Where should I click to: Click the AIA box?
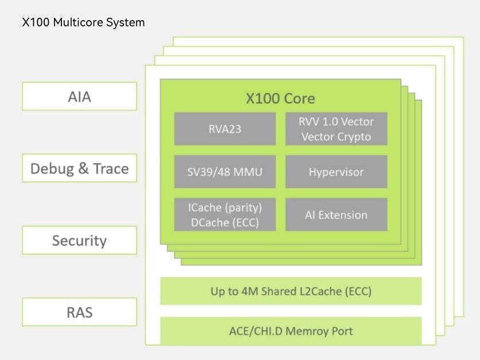[x=79, y=96]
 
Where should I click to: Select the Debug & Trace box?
[x=79, y=168]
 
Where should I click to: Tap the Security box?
[x=79, y=240]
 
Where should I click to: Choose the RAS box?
[x=79, y=312]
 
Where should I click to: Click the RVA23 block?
[x=225, y=129]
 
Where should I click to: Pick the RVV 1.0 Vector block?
[x=336, y=129]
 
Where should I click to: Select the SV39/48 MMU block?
[x=225, y=172]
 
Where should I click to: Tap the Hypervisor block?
[x=336, y=172]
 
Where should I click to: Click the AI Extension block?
[x=336, y=215]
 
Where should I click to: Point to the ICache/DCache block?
[x=225, y=215]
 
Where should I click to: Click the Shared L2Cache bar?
[x=291, y=291]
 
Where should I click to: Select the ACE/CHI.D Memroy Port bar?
[x=291, y=331]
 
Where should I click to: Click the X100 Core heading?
[x=280, y=98]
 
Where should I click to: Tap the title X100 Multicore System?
[x=83, y=22]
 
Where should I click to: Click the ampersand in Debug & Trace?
[x=83, y=169]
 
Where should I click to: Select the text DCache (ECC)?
[x=225, y=223]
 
